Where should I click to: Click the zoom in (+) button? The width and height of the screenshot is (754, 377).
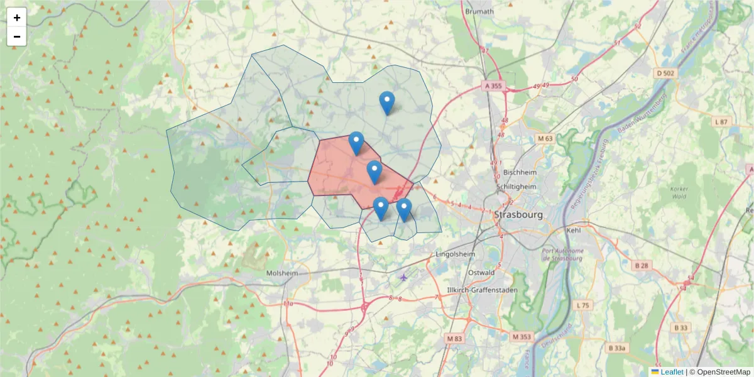click(x=17, y=18)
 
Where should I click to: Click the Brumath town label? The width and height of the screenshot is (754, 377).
click(x=479, y=11)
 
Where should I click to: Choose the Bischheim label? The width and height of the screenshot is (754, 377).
click(x=518, y=172)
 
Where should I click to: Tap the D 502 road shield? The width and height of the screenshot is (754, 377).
click(x=666, y=74)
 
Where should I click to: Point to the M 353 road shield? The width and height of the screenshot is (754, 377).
click(x=522, y=337)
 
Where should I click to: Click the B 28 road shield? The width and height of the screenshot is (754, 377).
click(x=642, y=266)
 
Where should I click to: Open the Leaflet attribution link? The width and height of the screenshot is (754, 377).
click(x=671, y=372)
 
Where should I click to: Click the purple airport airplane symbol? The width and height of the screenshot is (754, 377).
click(x=403, y=277)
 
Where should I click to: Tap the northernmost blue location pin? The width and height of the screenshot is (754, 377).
click(x=387, y=102)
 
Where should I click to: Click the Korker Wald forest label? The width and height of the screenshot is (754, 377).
click(x=680, y=193)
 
